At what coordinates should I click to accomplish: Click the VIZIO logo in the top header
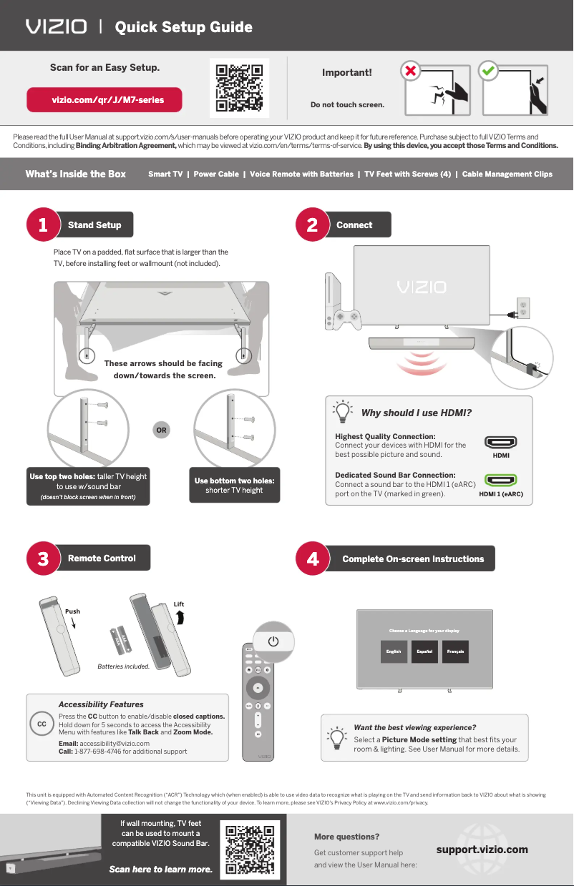(x=57, y=27)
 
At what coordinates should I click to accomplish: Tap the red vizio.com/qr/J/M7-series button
(x=104, y=100)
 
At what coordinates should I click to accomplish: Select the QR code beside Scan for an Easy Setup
(x=239, y=89)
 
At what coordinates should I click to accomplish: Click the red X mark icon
(x=409, y=72)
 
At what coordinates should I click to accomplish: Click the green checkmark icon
(x=488, y=72)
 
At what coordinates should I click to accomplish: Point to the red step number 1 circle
(x=43, y=225)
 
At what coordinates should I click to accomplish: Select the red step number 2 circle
(x=312, y=225)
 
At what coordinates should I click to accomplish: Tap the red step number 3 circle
(x=43, y=558)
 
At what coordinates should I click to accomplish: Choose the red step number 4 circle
(x=312, y=558)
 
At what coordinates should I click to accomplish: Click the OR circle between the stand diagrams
(x=162, y=430)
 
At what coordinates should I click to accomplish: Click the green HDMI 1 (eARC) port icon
(x=500, y=481)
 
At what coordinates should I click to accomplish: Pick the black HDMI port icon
(x=500, y=443)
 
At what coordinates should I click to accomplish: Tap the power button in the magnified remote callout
(x=273, y=641)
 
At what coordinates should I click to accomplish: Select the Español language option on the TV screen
(x=424, y=651)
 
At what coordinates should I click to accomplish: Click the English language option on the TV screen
(x=394, y=651)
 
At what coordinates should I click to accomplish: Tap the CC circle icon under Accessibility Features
(x=42, y=724)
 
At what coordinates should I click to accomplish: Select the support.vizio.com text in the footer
(x=482, y=850)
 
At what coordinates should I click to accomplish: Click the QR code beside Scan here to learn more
(x=250, y=850)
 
